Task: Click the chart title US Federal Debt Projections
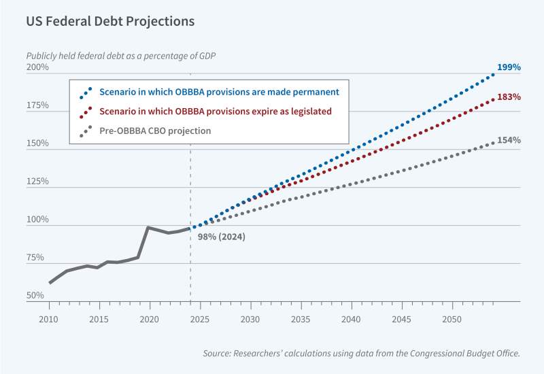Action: (x=111, y=21)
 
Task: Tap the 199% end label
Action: (x=508, y=67)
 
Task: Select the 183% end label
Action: (x=508, y=97)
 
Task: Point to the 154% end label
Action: (x=508, y=140)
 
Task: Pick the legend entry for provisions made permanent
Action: (x=219, y=92)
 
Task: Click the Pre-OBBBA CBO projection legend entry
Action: (x=155, y=131)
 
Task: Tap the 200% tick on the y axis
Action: (x=37, y=68)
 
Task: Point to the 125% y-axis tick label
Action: (x=37, y=182)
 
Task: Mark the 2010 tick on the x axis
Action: (x=48, y=319)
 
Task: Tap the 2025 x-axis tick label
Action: (x=200, y=319)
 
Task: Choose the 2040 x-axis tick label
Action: (x=351, y=319)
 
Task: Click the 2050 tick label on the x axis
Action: (x=452, y=319)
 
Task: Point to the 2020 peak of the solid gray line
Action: (x=149, y=227)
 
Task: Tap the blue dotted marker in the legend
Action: (x=86, y=92)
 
